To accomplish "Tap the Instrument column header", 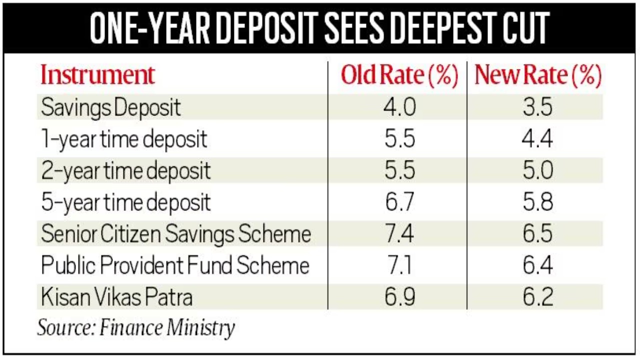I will click(x=98, y=75).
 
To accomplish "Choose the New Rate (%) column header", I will click(x=537, y=75).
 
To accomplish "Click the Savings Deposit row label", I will click(x=111, y=108).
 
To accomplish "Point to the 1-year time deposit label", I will click(x=124, y=139).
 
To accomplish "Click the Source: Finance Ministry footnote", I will click(x=136, y=327).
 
